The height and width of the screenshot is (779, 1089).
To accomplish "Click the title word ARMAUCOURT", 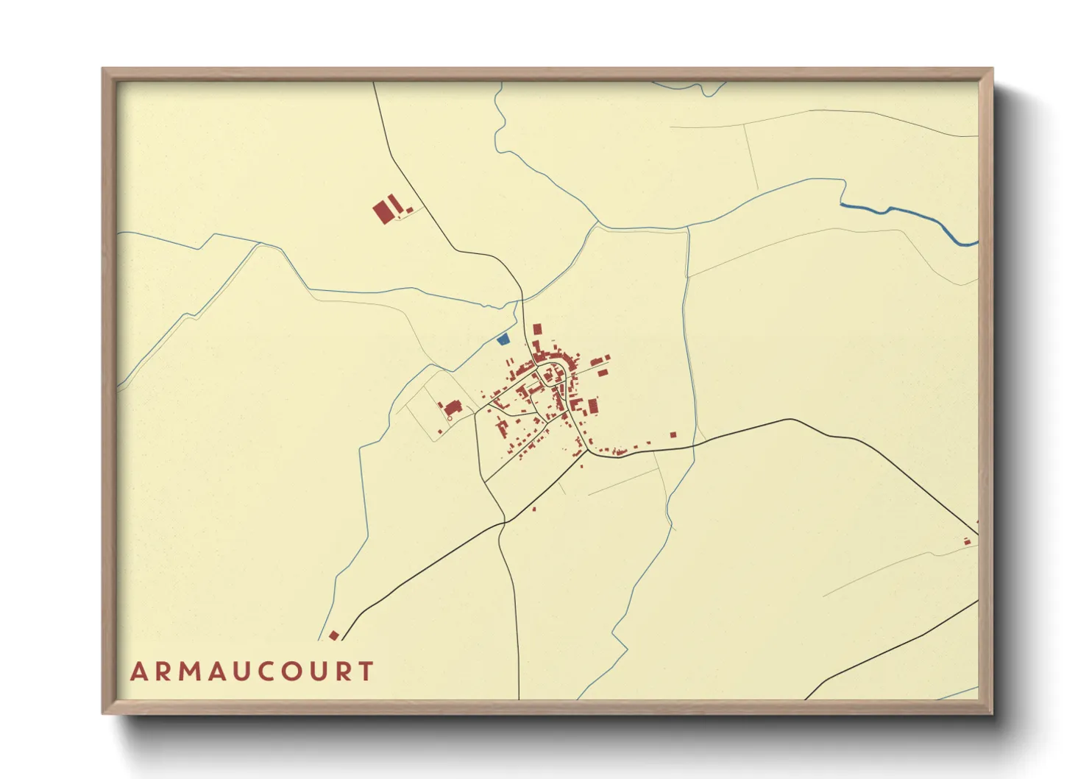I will [x=252, y=672].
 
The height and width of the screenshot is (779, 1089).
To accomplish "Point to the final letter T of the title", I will [x=366, y=672].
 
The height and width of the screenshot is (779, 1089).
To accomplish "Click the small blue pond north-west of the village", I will [x=503, y=339].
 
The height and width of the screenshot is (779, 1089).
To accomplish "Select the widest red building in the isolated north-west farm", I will [x=383, y=212].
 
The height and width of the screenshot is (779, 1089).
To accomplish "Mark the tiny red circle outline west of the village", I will [x=450, y=418].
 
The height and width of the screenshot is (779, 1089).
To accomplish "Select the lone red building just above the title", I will [x=333, y=635].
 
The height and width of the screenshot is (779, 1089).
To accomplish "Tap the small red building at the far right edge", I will [x=968, y=542].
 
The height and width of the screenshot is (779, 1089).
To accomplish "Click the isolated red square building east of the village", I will [x=673, y=434].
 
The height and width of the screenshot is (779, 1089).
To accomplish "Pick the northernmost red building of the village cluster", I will [x=537, y=329].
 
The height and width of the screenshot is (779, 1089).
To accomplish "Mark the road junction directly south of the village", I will [x=505, y=522].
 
